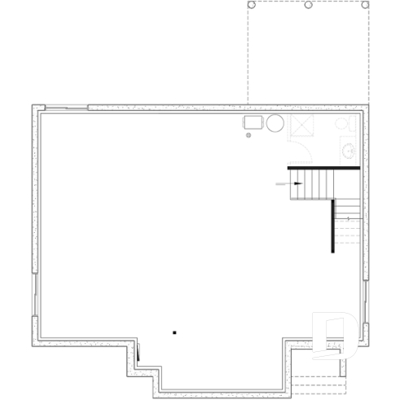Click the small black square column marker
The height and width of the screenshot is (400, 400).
click(174, 332)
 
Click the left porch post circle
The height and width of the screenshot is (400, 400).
click(251, 6)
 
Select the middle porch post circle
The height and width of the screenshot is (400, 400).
click(308, 6)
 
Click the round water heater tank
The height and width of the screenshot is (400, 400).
click(275, 124)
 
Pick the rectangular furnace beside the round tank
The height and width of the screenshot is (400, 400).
click(253, 123)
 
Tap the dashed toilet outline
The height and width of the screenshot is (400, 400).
click(344, 124)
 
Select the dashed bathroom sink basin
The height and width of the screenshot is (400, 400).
click(348, 151)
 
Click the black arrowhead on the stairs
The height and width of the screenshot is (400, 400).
click(297, 184)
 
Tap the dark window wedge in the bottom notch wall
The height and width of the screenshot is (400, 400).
click(138, 354)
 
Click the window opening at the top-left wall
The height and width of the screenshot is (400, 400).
click(64, 107)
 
